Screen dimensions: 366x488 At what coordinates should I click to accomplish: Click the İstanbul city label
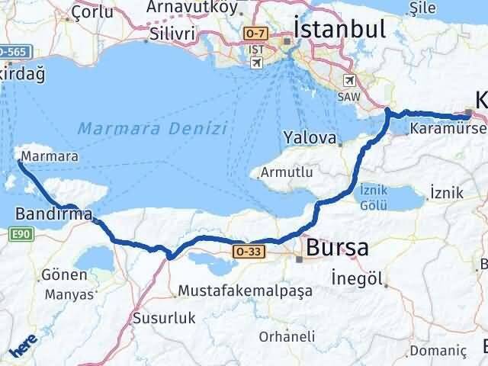coord(339,30)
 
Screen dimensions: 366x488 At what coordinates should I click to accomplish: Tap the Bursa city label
coord(337,248)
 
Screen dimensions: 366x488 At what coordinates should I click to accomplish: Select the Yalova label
coord(310,138)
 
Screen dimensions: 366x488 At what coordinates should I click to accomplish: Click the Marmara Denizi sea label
coord(153,127)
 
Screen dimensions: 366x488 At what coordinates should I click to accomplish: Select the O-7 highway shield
coord(255,33)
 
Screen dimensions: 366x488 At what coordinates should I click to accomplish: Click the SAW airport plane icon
coord(350,79)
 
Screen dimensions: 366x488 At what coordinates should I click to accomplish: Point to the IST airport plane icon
coord(256,63)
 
